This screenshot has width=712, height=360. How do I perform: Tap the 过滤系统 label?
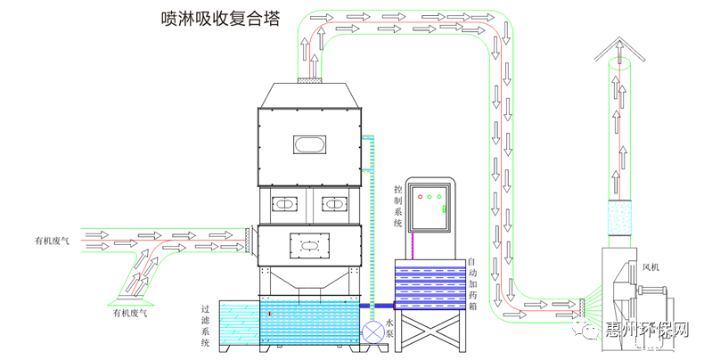pyautogui.click(x=206, y=325)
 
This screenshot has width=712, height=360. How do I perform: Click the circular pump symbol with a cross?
pyautogui.click(x=372, y=331)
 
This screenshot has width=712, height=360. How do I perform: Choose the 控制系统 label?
pyautogui.click(x=397, y=205)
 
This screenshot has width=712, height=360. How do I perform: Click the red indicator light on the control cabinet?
pyautogui.click(x=418, y=196)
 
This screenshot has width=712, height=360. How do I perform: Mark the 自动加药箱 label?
pyautogui.click(x=471, y=283)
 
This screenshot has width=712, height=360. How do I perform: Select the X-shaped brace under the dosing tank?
pyautogui.click(x=431, y=332)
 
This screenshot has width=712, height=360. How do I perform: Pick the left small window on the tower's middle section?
pyautogui.click(x=283, y=205)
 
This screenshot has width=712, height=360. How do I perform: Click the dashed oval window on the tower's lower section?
pyautogui.click(x=309, y=243)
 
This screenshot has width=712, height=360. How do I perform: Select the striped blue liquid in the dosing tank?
pyautogui.click(x=430, y=284)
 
